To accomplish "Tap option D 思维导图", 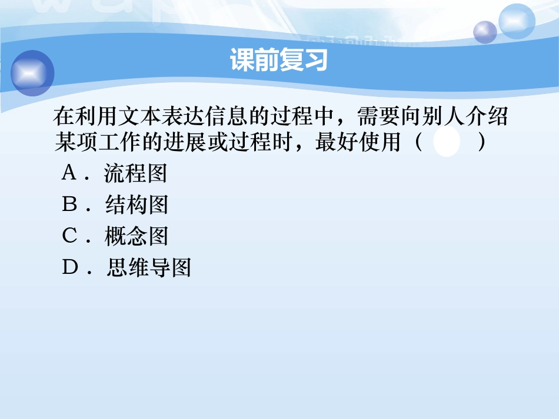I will pos(149,268).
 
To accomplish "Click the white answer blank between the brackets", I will pos(447,143).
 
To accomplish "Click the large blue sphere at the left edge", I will pos(32,73).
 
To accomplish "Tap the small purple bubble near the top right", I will pos(485,32).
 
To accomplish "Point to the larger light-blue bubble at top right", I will pos(517,21).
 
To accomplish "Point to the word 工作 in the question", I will pos(118,142).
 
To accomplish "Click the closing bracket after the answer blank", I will pos(483,143).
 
